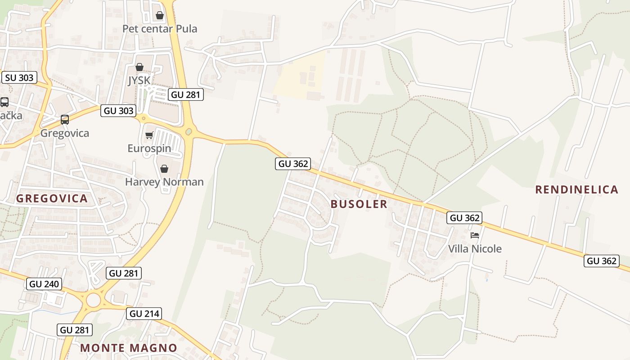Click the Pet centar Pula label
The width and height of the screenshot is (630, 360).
coord(160,29)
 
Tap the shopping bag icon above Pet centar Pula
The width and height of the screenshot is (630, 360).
coord(159,16)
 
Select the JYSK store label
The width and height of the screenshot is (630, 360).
coord(139,81)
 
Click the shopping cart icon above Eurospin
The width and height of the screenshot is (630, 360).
coord(149,135)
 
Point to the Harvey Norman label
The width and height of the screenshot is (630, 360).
coord(164,182)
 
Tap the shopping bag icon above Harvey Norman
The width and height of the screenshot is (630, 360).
coord(164,169)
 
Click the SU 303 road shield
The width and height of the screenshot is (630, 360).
coord(20,77)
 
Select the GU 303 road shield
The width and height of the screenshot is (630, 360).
coord(118,111)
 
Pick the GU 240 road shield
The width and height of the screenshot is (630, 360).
coord(45,284)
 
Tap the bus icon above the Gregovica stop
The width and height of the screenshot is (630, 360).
coord(65,119)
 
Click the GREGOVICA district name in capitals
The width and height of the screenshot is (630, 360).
coord(52,198)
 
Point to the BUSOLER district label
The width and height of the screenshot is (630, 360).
coord(359,204)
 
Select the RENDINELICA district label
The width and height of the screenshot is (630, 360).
coord(576,189)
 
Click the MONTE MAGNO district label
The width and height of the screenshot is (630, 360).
coord(129,347)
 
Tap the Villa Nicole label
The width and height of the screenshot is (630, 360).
coord(475,249)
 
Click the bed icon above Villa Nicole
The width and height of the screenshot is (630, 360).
coord(474,235)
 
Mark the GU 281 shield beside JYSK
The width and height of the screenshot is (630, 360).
coord(186,94)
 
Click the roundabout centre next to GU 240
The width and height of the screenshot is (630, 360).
coord(93,300)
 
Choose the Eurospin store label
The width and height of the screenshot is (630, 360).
coord(149,148)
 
